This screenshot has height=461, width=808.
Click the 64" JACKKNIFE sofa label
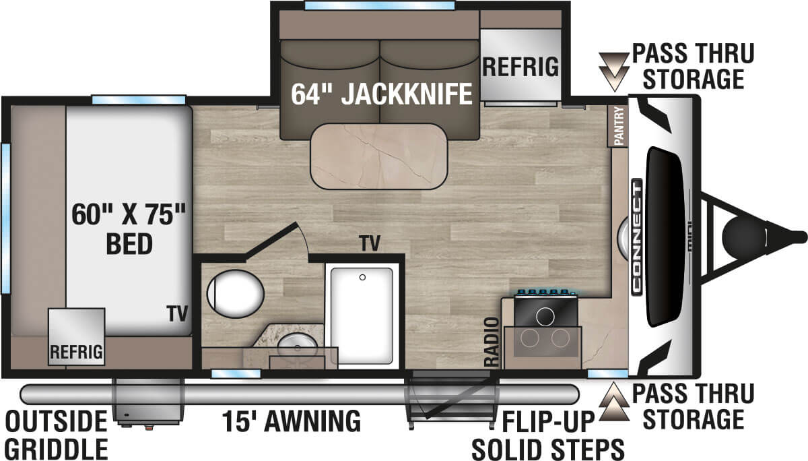point(381,95)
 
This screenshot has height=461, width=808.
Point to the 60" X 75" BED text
point(129,229)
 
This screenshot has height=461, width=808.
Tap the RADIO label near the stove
point(492,342)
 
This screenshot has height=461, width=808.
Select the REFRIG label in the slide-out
point(520,67)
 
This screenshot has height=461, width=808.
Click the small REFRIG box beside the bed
point(76,337)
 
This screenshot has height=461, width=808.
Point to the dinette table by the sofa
point(378,156)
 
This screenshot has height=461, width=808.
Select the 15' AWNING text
point(291,421)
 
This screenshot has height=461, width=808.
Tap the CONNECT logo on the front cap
point(637,236)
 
